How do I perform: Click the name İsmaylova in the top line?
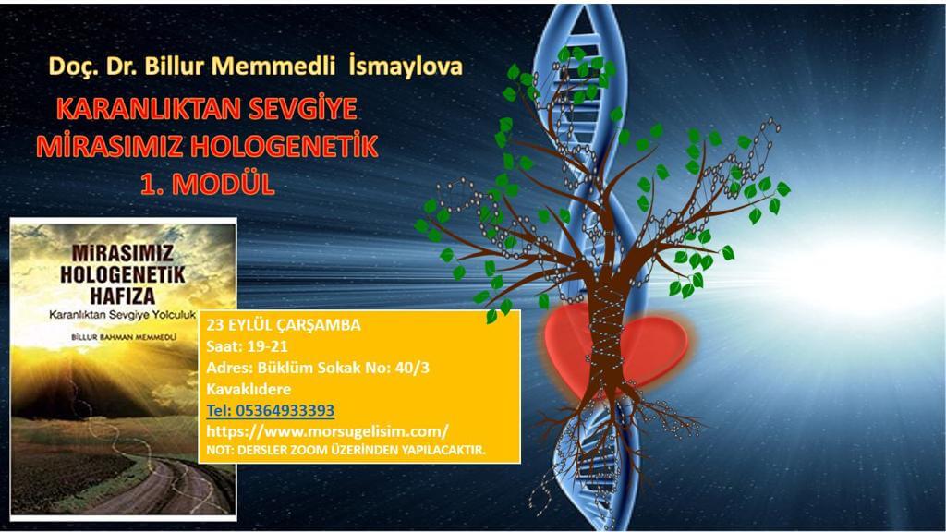(x=406, y=66)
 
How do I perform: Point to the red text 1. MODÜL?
(x=208, y=185)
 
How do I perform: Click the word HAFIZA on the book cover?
(x=123, y=296)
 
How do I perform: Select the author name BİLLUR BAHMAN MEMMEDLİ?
(x=124, y=337)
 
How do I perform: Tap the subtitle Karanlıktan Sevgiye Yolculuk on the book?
(x=123, y=315)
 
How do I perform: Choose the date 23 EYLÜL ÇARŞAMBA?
(x=284, y=325)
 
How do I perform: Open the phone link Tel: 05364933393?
(x=271, y=410)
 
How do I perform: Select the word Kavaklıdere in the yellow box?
(x=249, y=389)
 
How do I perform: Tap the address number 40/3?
(x=412, y=368)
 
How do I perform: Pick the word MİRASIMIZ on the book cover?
(x=123, y=253)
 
